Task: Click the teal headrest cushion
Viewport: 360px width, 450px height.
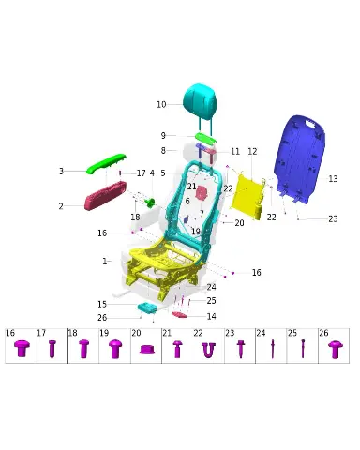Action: (x=200, y=99)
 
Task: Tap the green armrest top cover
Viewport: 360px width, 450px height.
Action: (x=106, y=163)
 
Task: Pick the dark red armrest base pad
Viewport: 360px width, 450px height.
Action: (x=105, y=196)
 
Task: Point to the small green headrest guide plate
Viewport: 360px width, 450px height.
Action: (x=205, y=138)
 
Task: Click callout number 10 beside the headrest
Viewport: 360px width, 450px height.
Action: (x=161, y=104)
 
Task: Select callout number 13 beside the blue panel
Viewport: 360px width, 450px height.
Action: (x=333, y=179)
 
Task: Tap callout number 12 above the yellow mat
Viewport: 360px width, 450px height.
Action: (x=252, y=152)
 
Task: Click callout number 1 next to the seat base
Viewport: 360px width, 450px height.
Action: (x=105, y=261)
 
